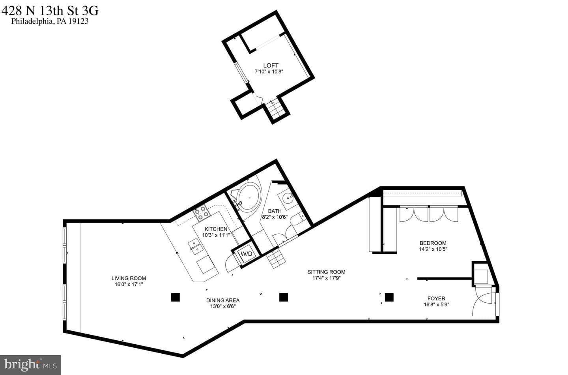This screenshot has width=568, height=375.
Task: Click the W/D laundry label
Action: point(246,254)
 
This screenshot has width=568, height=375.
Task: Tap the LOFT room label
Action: point(271,66)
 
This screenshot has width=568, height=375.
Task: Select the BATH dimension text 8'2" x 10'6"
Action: point(275,217)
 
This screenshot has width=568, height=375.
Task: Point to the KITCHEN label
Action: point(216,229)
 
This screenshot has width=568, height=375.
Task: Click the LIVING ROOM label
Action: point(129,278)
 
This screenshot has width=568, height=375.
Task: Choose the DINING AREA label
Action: point(223,300)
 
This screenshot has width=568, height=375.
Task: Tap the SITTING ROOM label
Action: point(326,272)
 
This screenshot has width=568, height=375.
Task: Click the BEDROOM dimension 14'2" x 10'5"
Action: point(433,249)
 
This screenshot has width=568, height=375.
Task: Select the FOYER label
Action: point(436,298)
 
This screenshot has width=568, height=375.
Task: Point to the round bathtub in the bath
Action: point(250,197)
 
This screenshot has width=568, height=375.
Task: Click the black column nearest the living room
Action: point(176,297)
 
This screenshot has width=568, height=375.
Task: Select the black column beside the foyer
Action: point(389,297)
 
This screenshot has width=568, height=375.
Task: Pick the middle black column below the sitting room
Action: point(284,297)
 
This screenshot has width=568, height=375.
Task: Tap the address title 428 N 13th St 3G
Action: point(50,11)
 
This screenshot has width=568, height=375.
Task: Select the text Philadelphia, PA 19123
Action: point(50,21)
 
